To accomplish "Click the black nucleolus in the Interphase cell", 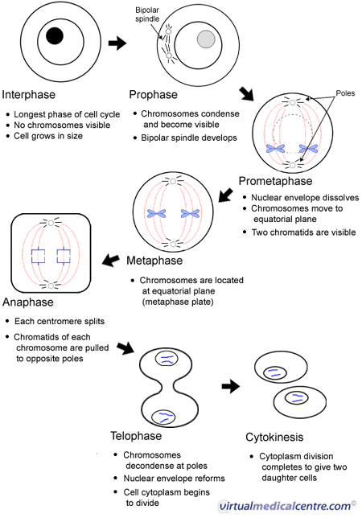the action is pos(55,35).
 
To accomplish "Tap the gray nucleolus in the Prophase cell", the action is pos(206,39).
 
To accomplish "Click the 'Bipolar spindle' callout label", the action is pos(147,14).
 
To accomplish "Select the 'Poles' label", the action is pos(345,93).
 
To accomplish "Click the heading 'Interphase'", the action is pos(29,95).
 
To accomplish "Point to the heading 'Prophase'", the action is pos(154,95).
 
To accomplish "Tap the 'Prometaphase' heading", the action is pos(275,181).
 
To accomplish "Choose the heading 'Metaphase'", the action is pos(154,261).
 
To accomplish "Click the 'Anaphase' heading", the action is pos(28,302).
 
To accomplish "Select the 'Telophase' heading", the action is pos(136,436).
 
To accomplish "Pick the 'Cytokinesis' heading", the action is pos(274,437).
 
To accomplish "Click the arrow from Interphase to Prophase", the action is pos(117,43).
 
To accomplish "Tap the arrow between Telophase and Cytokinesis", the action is pos(231,386).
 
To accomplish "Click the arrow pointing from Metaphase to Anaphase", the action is pos(111,260).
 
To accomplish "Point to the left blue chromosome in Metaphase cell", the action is pos(157,213).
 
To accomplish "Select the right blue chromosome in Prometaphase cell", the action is pos(308,149).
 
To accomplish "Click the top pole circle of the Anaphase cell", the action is pos(51,223).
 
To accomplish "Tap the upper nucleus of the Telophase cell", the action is pos(167,359).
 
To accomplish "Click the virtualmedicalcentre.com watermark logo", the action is pos(287,506).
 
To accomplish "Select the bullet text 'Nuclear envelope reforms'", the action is pos(174,479).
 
